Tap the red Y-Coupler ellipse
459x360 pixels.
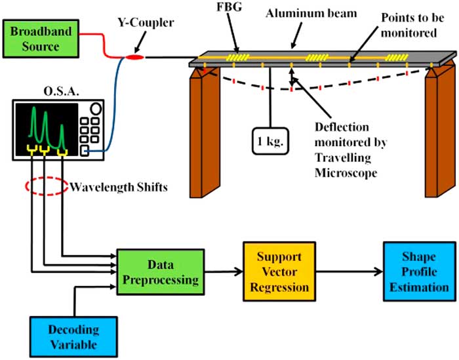(x=134, y=59)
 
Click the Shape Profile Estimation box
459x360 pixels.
(x=416, y=270)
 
